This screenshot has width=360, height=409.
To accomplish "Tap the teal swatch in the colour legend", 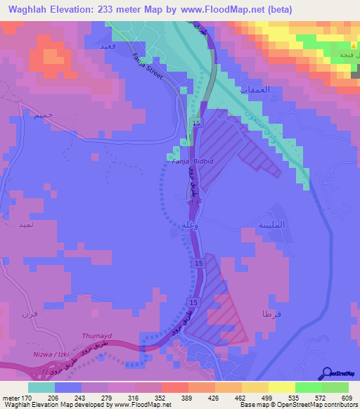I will pos(41,387).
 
